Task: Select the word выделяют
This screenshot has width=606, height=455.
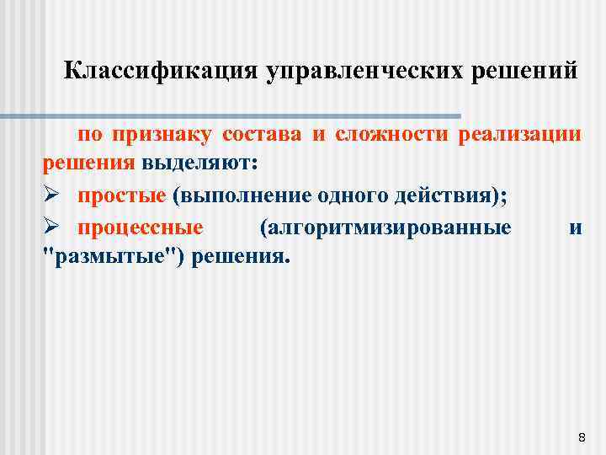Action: click(199, 163)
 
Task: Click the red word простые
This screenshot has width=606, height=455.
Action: click(122, 195)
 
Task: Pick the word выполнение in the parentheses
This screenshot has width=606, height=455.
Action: click(239, 195)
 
